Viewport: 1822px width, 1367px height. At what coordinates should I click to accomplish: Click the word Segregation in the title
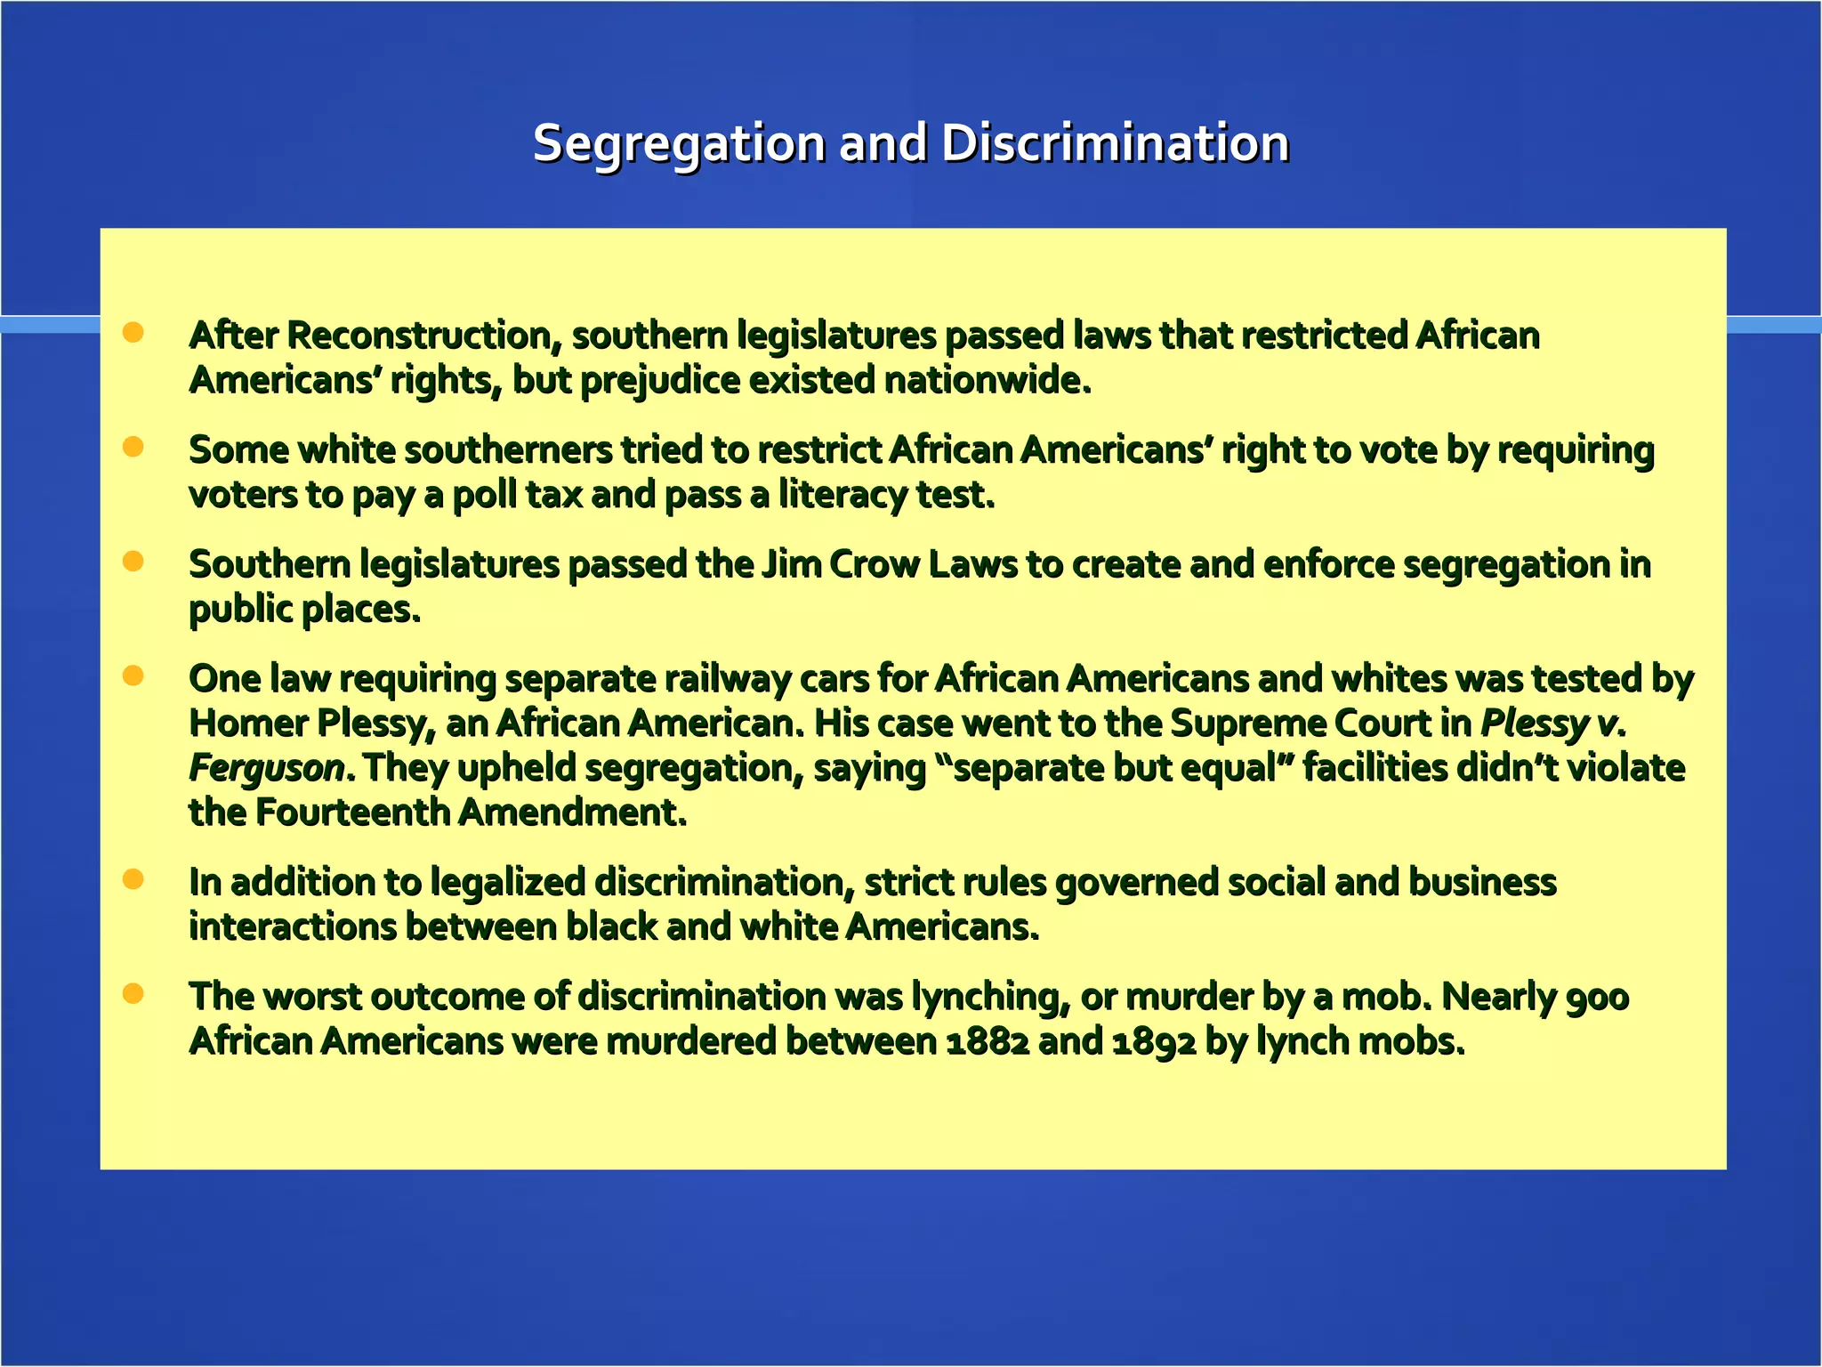[679, 144]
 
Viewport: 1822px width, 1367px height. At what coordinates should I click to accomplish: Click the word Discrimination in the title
[1115, 144]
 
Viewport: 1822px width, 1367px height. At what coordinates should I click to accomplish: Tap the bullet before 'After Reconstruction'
[133, 333]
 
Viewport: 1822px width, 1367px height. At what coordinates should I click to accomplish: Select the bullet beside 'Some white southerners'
[133, 447]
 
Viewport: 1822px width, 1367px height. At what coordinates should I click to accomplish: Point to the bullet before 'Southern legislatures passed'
[133, 562]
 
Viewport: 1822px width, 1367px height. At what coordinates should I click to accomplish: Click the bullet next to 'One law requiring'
[133, 675]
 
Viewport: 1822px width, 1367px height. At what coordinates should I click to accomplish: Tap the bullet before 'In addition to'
[133, 879]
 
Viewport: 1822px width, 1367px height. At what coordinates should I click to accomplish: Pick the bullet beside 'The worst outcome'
[133, 993]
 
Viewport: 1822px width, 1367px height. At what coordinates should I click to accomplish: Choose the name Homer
[248, 724]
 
